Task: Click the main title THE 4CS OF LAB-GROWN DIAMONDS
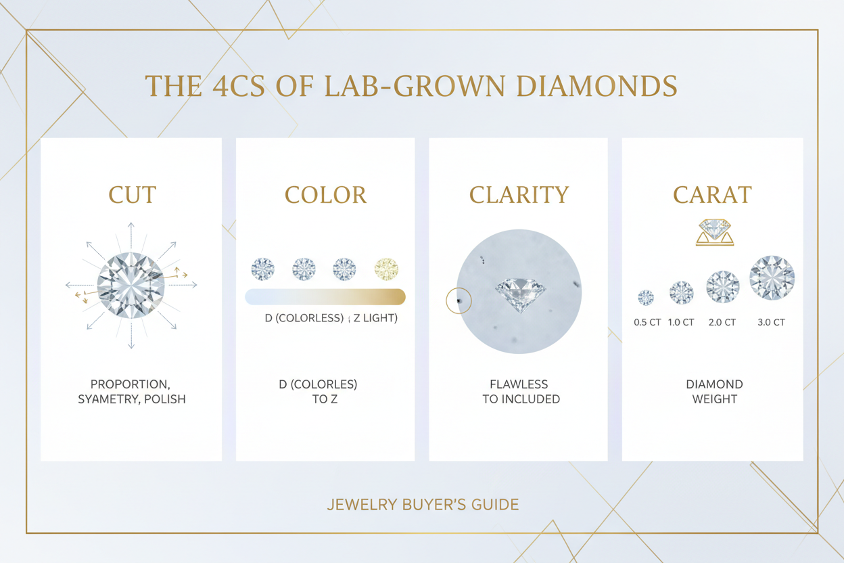click(x=411, y=87)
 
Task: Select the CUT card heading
click(x=132, y=195)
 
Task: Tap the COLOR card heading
click(x=325, y=195)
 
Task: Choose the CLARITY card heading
click(x=519, y=195)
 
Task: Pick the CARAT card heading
click(x=712, y=195)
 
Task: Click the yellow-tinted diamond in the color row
click(x=386, y=269)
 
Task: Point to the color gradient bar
click(x=325, y=296)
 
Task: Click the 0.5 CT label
click(x=647, y=323)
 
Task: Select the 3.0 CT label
click(x=771, y=323)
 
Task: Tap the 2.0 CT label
click(x=722, y=323)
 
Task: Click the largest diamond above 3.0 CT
click(x=772, y=277)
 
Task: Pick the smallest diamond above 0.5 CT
click(x=646, y=297)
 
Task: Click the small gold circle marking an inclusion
click(x=459, y=300)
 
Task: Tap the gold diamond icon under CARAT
click(x=714, y=231)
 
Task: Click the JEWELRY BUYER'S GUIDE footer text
click(x=423, y=505)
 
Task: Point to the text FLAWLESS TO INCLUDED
click(x=521, y=392)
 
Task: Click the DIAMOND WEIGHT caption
click(x=714, y=392)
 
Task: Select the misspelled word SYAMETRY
click(x=108, y=399)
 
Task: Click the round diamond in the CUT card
click(x=131, y=286)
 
